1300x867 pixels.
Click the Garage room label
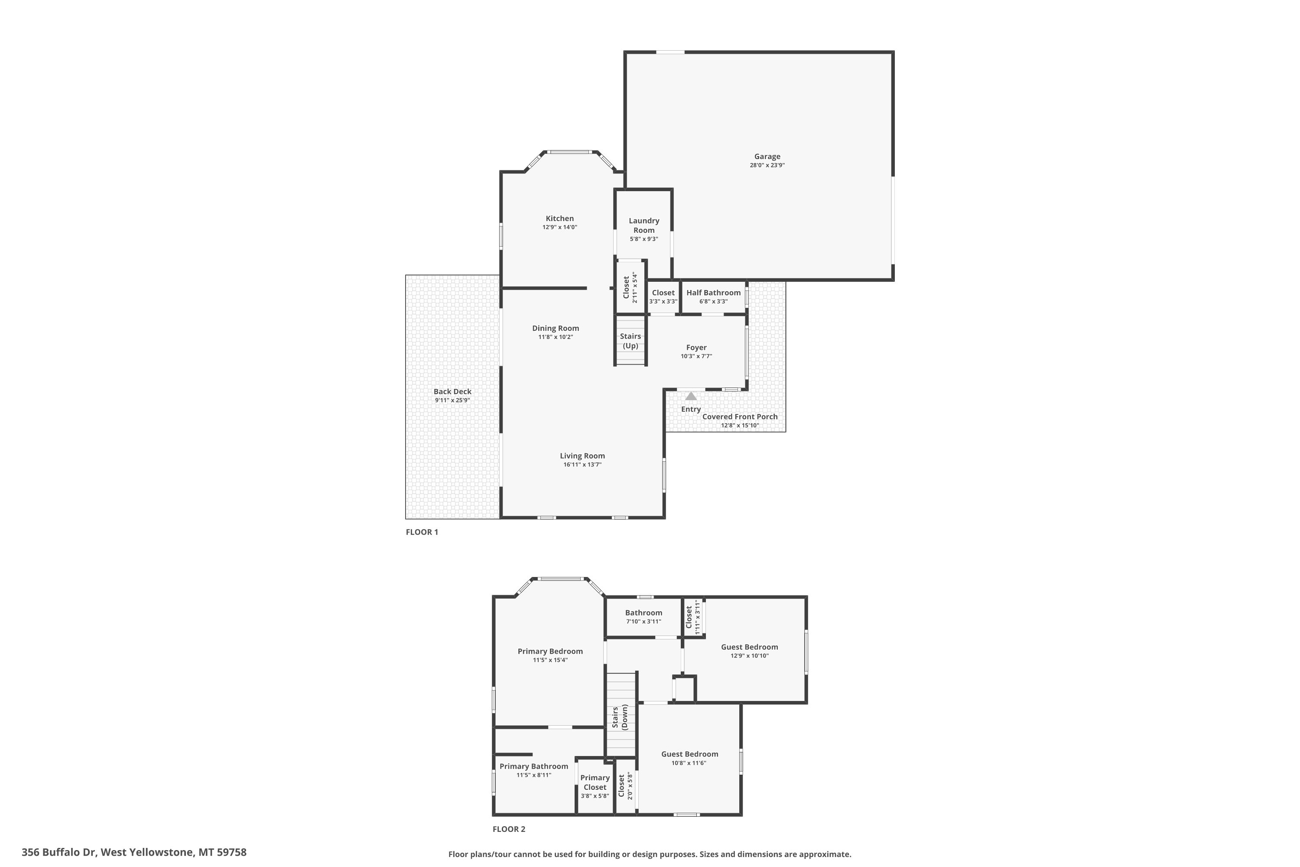767,156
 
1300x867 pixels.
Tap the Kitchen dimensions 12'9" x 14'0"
560,227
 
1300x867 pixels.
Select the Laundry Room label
644,225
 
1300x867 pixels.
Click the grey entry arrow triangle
691,396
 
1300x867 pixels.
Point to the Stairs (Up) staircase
630,340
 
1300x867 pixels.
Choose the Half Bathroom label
714,293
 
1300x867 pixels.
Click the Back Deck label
453,391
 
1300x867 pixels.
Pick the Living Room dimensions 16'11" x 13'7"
582,464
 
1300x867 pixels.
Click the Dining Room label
556,329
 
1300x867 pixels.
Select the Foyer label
696,347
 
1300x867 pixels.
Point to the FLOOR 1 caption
422,532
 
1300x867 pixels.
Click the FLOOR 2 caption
509,829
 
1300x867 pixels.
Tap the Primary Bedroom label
550,652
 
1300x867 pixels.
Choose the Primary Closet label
595,782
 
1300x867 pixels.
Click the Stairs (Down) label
620,717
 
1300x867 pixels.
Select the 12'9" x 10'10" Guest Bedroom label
750,647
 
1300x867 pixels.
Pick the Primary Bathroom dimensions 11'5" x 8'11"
534,775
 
